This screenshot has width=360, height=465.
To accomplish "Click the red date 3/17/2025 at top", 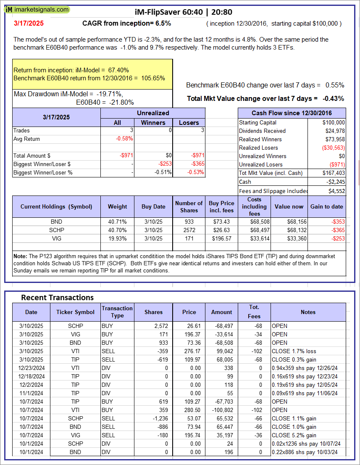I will click(x=29, y=24).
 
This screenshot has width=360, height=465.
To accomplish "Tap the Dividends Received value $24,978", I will click(x=333, y=131).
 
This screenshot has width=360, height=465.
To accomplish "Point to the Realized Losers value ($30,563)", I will click(x=332, y=148).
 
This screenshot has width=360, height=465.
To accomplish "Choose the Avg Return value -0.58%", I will click(x=125, y=139).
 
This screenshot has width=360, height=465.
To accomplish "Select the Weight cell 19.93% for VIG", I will click(x=117, y=238).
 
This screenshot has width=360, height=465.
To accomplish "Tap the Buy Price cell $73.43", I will click(x=222, y=222).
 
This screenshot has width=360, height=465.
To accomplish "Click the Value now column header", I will click(x=289, y=206).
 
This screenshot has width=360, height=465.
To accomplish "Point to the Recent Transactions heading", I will click(x=58, y=298).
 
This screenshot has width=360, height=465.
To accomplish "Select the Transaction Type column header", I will click(x=117, y=312).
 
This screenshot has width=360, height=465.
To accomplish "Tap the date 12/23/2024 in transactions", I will click(x=31, y=368).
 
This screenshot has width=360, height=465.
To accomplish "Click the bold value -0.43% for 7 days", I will click(x=333, y=98).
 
